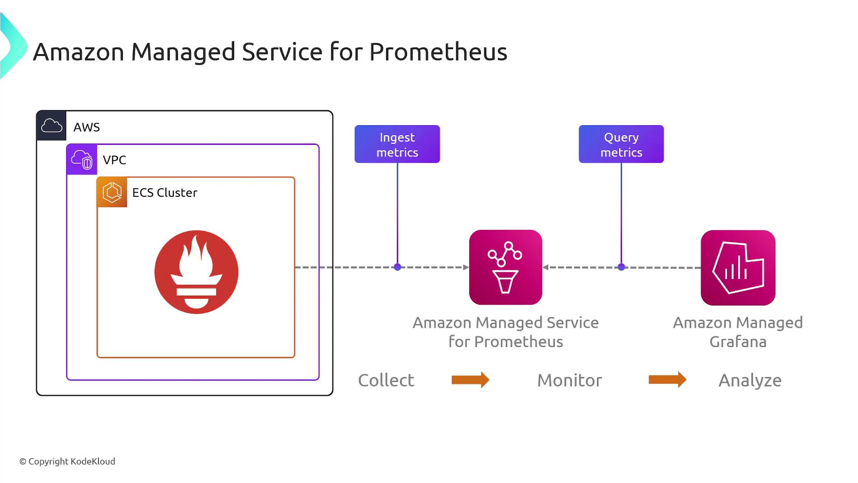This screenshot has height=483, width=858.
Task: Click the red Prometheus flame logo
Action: pyautogui.click(x=196, y=272)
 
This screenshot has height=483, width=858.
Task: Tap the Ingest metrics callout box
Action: pyautogui.click(x=397, y=144)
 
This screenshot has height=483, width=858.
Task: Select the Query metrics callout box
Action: pyautogui.click(x=621, y=144)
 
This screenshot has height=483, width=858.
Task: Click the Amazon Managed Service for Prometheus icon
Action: pyautogui.click(x=505, y=267)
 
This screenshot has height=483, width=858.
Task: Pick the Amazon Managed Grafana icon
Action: pyautogui.click(x=738, y=267)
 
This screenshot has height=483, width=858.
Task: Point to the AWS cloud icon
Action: pyautogui.click(x=51, y=126)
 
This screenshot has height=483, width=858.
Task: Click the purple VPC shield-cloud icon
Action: pyautogui.click(x=82, y=159)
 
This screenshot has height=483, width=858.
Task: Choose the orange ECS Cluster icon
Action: pyautogui.click(x=112, y=192)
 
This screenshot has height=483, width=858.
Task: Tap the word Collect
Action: pyautogui.click(x=386, y=380)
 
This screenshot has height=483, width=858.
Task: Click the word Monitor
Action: pyautogui.click(x=569, y=380)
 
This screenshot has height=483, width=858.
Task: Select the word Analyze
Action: pyautogui.click(x=750, y=380)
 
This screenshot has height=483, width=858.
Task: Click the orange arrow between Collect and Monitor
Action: pyautogui.click(x=471, y=380)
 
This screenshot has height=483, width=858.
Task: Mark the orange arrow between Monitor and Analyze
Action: pyautogui.click(x=667, y=380)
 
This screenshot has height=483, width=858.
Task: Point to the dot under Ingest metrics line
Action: pyautogui.click(x=397, y=267)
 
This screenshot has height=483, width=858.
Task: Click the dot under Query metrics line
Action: pyautogui.click(x=621, y=267)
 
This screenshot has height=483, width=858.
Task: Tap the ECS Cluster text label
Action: pyautogui.click(x=164, y=192)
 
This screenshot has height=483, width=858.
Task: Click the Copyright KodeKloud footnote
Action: pyautogui.click(x=67, y=461)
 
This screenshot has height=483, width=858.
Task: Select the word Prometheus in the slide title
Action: pyautogui.click(x=438, y=51)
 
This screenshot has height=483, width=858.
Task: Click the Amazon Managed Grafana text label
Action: pyautogui.click(x=738, y=332)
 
